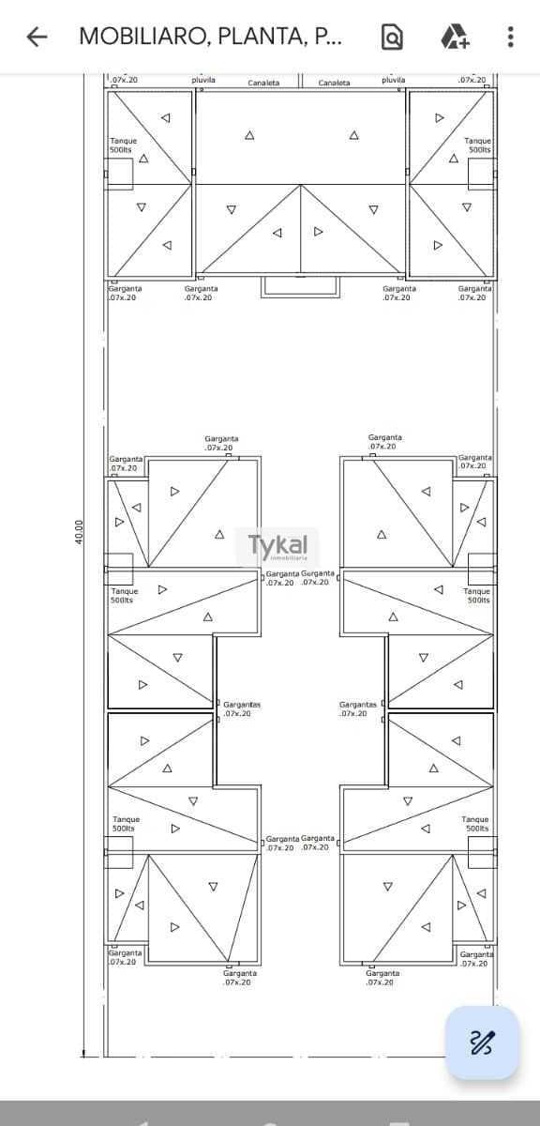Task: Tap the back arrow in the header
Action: pyautogui.click(x=37, y=37)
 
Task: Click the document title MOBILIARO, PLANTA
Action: pyautogui.click(x=210, y=37)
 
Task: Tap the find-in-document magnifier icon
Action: pyautogui.click(x=392, y=37)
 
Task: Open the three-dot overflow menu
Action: pyautogui.click(x=510, y=37)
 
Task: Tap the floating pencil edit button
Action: pyautogui.click(x=482, y=1042)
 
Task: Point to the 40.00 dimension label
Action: pyautogui.click(x=80, y=532)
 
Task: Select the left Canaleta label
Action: pyautogui.click(x=263, y=83)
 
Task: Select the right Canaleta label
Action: pyautogui.click(x=334, y=83)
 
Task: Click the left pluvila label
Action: pyautogui.click(x=203, y=80)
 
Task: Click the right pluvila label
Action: pyautogui.click(x=394, y=80)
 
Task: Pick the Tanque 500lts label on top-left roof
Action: pyautogui.click(x=123, y=145)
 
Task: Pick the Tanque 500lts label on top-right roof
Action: pyautogui.click(x=478, y=145)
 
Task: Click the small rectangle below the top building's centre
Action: pyautogui.click(x=300, y=286)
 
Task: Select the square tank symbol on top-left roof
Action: pyautogui.click(x=118, y=174)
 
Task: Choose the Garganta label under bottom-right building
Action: pyautogui.click(x=382, y=977)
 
